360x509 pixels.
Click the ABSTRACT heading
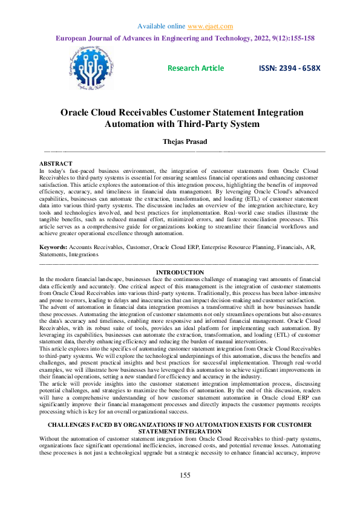click(x=56, y=164)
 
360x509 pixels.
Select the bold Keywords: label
click(x=53, y=248)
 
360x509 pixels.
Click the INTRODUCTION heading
click(x=180, y=273)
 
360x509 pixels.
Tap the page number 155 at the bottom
click(x=185, y=492)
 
